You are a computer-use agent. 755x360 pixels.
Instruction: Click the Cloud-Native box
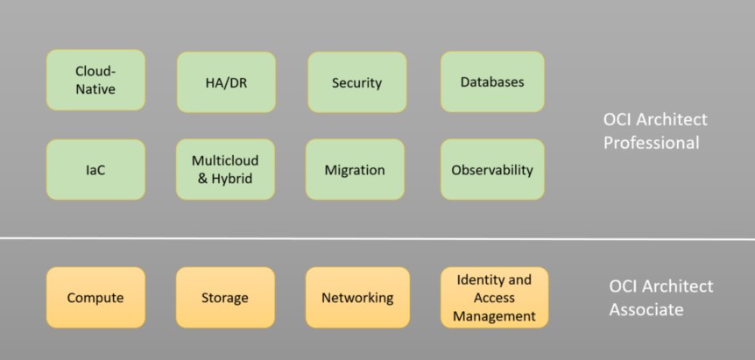tap(95, 80)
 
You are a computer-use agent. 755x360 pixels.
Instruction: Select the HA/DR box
tap(226, 82)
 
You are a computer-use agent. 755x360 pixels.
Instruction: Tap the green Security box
tap(356, 82)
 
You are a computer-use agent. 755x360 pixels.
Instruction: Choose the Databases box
tap(492, 81)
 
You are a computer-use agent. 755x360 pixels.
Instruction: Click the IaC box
tap(95, 170)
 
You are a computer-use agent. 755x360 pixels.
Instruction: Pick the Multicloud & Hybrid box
tap(225, 169)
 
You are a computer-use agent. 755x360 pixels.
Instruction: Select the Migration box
tap(355, 170)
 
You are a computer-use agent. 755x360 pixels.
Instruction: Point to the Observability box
tap(492, 170)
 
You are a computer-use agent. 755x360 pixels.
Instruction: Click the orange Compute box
tap(95, 298)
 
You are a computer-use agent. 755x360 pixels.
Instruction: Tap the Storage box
tap(225, 298)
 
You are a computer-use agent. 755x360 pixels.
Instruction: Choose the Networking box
tap(357, 298)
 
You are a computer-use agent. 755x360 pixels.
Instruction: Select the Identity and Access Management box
tap(494, 298)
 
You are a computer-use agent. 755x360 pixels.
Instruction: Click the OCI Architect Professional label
tap(655, 131)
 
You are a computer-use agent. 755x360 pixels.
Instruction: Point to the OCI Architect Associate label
tap(661, 298)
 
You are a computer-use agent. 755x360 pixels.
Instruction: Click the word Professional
tap(652, 142)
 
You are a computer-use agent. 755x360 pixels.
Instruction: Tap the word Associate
tap(646, 309)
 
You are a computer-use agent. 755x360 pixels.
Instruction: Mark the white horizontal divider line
tap(377, 238)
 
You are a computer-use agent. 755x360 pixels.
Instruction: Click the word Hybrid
tap(238, 179)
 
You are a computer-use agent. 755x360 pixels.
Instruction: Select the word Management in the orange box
tap(494, 316)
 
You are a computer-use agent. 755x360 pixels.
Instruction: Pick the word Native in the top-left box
tap(95, 88)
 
